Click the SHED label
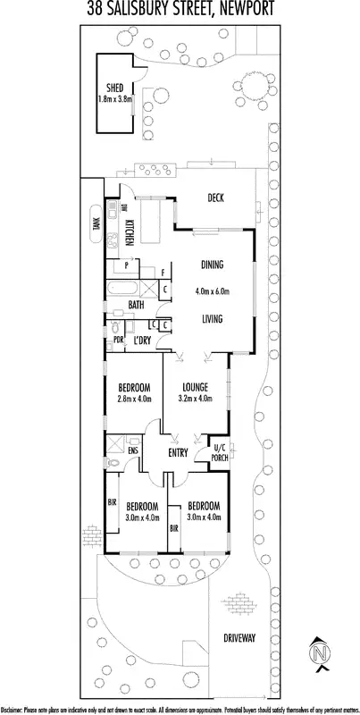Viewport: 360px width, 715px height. click(113, 88)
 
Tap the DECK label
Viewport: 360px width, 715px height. click(214, 198)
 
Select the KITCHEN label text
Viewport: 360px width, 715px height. click(130, 231)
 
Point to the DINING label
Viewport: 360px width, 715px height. click(212, 265)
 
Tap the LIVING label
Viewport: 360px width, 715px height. click(212, 318)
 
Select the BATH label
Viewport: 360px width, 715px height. click(136, 306)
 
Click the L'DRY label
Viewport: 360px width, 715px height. click(141, 341)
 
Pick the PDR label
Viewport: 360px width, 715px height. click(118, 341)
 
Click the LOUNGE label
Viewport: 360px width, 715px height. click(196, 387)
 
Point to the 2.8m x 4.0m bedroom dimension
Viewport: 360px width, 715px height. click(134, 401)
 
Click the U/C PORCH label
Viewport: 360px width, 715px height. click(219, 453)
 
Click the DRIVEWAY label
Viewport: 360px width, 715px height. click(239, 638)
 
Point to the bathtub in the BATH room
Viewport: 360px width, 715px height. click(125, 290)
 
